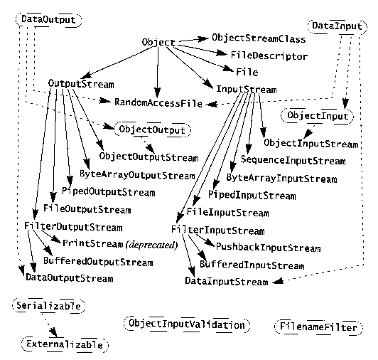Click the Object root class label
pos(158,42)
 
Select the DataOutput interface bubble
pos(49,20)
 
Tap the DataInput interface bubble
pos(337,26)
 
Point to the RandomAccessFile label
pos(158,103)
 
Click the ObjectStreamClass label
pos(259,38)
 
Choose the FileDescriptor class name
pos(269,55)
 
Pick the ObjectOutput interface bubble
pos(152,129)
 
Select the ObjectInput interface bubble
pos(317,116)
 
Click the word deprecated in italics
pos(151,245)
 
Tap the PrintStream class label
pos(93,243)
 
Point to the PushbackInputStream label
pos(268,248)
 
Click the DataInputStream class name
pos(227,281)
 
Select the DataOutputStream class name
pos(70,277)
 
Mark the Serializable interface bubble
pos(49,306)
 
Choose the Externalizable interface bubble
pos(65,344)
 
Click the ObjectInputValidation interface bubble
pos(187,324)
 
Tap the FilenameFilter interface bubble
pos(318,327)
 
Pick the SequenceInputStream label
pos(293,160)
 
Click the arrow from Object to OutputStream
pos(118,62)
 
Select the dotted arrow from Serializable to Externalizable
pos(50,325)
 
